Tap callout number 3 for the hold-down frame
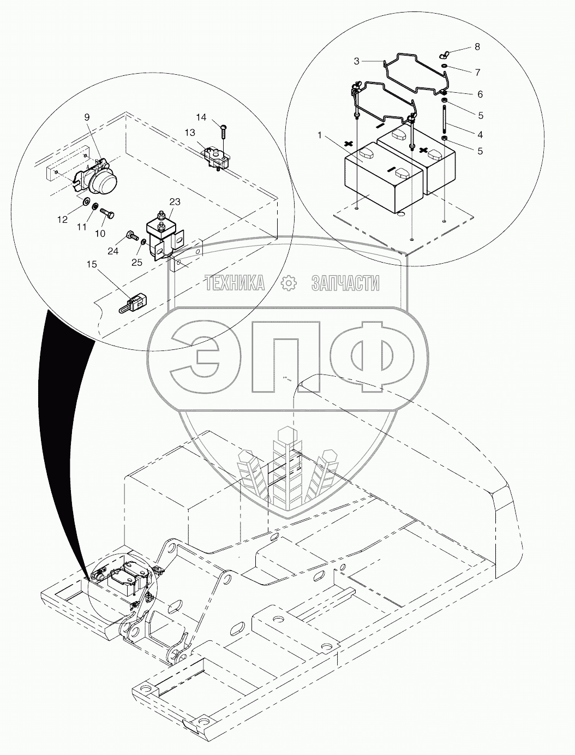point(357,61)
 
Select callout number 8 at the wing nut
point(477,47)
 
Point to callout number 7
point(477,72)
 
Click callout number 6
point(480,94)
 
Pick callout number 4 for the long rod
point(480,134)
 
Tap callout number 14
point(202,117)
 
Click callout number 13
point(189,133)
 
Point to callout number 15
point(91,264)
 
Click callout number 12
point(63,219)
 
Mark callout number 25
point(136,262)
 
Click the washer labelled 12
point(86,203)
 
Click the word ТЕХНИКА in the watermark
point(235,283)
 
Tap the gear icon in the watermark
point(287,283)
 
